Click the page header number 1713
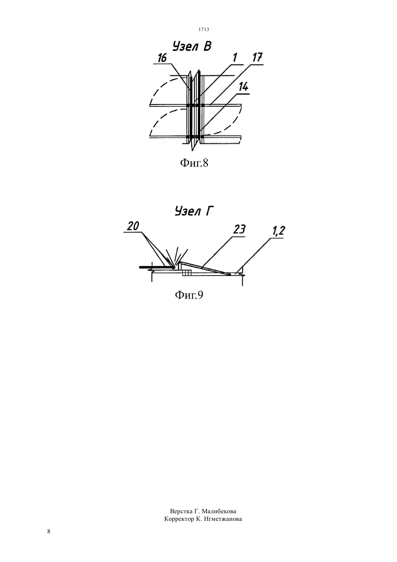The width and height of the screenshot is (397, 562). click(x=204, y=29)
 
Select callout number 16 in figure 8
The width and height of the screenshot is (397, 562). click(x=162, y=58)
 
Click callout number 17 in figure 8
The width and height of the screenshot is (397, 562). click(x=257, y=58)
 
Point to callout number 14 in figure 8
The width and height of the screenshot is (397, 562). click(x=243, y=87)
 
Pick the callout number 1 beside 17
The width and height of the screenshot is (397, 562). click(x=235, y=58)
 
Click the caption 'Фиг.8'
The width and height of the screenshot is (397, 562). click(x=194, y=163)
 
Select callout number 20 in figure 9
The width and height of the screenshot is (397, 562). click(x=133, y=226)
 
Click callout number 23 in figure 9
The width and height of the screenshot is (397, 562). click(x=239, y=230)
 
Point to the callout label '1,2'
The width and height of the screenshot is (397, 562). click(x=277, y=231)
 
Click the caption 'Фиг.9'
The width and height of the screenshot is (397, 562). click(x=189, y=295)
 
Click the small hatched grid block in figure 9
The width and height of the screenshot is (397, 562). click(x=187, y=273)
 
